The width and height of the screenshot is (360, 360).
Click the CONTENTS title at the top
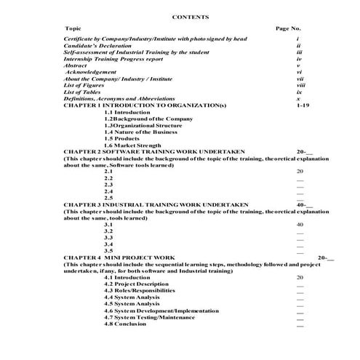click(x=191, y=16)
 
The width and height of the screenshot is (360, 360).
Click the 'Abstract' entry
click(x=76, y=65)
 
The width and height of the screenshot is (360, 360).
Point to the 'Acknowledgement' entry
click(x=91, y=72)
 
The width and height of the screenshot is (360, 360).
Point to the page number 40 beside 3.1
click(x=300, y=225)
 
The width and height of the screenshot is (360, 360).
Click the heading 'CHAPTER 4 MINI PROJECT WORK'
click(x=119, y=257)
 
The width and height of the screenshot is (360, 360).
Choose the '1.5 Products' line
click(x=121, y=138)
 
